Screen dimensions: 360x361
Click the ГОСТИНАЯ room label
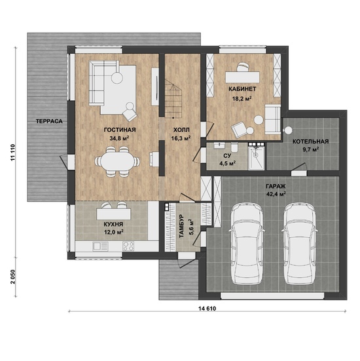point(120,130)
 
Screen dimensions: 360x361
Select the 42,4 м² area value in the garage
point(276,194)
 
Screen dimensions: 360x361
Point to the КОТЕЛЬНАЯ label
point(310,142)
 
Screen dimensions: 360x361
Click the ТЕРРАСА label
point(49,121)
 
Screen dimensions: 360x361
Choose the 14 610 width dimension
point(207,309)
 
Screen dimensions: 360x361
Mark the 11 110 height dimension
point(12,153)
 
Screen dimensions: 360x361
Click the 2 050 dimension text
point(12,277)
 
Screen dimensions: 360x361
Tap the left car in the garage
point(247,243)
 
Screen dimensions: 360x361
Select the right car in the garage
point(299,243)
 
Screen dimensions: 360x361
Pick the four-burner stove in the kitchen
point(128,246)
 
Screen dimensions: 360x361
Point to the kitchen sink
point(100,246)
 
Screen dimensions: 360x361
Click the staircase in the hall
point(173,98)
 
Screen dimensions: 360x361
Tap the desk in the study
point(242,77)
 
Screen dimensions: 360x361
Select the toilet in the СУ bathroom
point(234,147)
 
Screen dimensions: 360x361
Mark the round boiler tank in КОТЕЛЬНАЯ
point(288,130)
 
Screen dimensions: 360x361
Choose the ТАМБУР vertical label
point(182,226)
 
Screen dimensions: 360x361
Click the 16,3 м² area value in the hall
point(181,138)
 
